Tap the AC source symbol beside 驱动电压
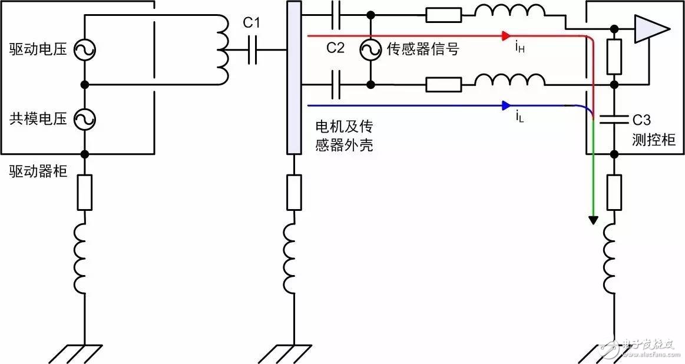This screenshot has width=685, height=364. point(85,50)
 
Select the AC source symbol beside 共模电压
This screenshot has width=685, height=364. point(85,120)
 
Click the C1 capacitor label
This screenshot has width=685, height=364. point(252,24)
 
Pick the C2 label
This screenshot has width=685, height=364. point(335,48)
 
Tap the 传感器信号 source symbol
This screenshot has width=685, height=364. point(371,50)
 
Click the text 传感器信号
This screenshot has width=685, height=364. point(423,49)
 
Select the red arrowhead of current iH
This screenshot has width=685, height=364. point(505,36)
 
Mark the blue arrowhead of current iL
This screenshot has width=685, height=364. point(505,106)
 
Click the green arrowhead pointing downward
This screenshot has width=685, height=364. point(593,220)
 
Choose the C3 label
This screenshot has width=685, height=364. point(641,121)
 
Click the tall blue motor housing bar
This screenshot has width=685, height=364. point(293,77)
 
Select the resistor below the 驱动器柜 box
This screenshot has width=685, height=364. point(85,192)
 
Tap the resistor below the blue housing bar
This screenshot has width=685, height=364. point(293,192)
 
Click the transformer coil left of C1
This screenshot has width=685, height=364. point(223,50)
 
